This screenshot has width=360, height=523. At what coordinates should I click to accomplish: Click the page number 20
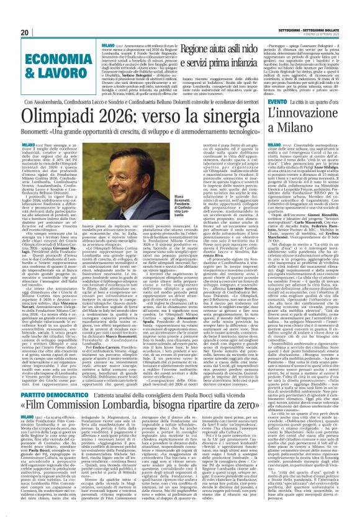(x=24, y=32)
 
